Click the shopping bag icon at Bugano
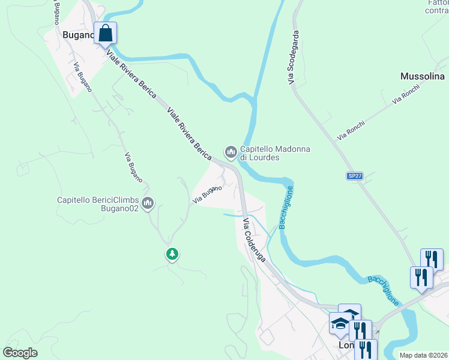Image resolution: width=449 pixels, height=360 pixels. [106, 34]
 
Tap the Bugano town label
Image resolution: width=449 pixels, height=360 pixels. [78, 35]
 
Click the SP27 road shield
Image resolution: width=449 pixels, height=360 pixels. [355, 176]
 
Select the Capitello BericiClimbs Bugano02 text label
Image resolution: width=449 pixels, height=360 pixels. [98, 204]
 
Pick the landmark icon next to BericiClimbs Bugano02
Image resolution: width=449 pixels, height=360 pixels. [148, 204]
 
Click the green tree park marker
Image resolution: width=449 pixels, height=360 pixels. [172, 254]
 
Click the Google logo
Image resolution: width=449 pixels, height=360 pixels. [20, 352]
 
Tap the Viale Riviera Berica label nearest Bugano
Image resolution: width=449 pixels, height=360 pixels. [131, 76]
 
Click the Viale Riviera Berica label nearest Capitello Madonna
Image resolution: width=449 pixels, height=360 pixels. [189, 133]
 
